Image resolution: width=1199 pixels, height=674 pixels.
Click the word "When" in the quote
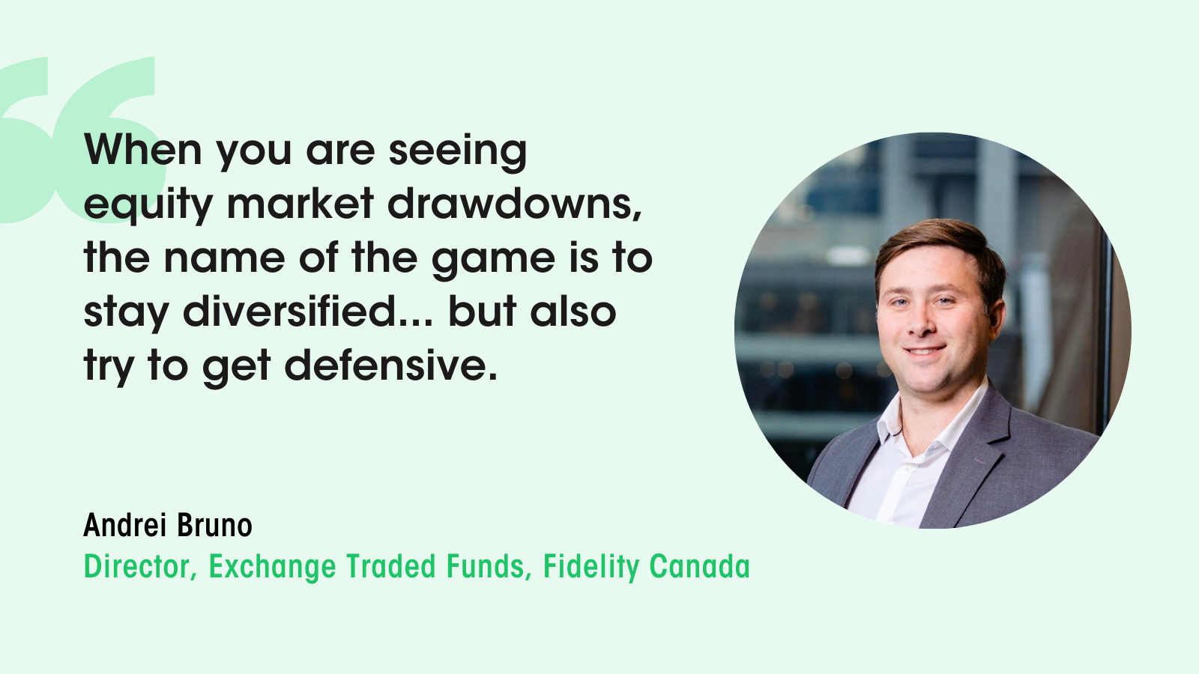click(x=142, y=150)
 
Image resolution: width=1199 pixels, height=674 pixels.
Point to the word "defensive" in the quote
click(x=390, y=365)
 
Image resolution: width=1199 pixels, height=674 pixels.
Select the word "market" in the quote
click(x=300, y=204)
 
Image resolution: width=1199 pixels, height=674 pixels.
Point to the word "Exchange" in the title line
click(x=271, y=567)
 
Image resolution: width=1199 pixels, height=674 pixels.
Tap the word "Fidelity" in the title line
click(x=591, y=567)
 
